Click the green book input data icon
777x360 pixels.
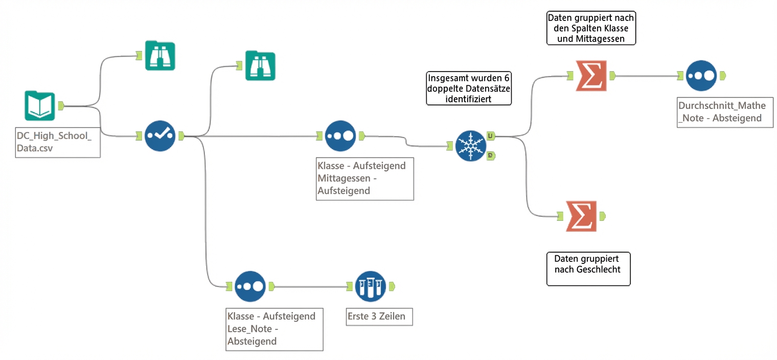point(39,105)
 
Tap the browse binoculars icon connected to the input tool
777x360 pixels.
point(159,55)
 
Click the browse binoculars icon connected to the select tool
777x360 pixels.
point(260,65)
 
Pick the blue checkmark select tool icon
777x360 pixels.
point(159,136)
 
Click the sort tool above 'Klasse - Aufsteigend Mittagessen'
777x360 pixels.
point(340,136)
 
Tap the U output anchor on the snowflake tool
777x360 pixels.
point(490,136)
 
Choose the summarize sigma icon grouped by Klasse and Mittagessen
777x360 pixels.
point(591,76)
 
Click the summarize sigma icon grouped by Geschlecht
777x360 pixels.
point(581,216)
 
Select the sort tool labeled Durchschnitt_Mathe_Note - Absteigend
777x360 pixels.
point(701,76)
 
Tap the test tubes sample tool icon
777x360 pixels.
point(370,286)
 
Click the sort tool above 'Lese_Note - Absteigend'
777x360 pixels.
point(250,286)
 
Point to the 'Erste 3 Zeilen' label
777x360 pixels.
point(376,317)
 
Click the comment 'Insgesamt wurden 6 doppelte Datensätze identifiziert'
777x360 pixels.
point(468,88)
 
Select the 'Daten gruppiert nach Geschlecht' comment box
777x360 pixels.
point(588,268)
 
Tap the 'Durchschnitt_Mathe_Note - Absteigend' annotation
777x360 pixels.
point(724,112)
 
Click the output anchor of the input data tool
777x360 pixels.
point(60,106)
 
